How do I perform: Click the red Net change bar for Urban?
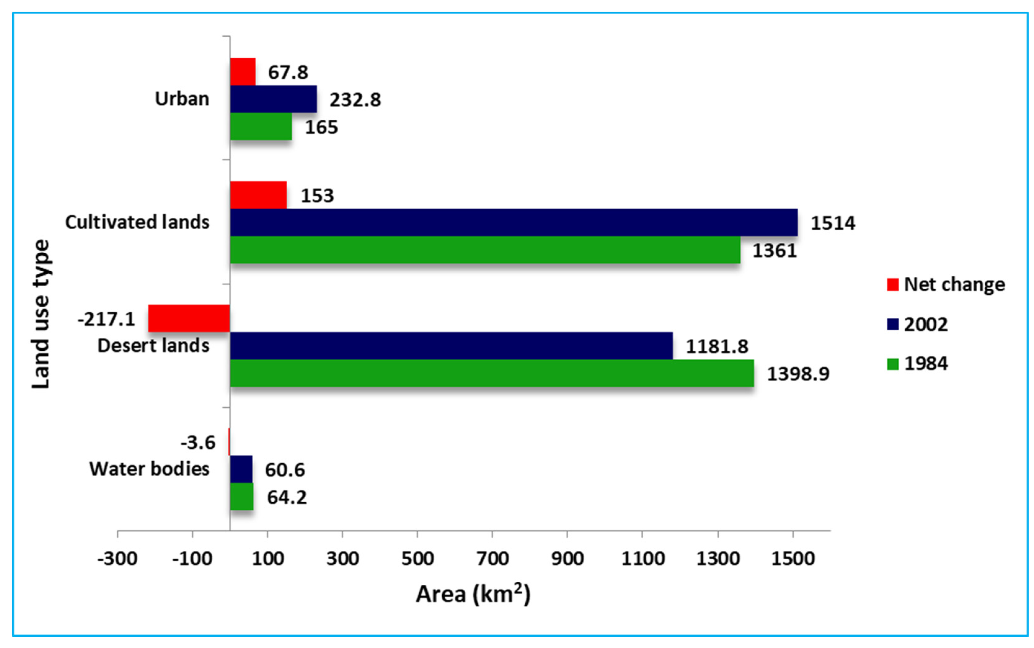click(x=242, y=72)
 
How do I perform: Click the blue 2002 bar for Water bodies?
click(x=241, y=469)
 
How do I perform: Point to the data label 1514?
click(x=832, y=223)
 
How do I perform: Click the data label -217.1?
click(x=106, y=319)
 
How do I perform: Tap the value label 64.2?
click(x=287, y=498)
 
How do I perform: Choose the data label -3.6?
click(x=198, y=443)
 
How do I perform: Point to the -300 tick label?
click(x=117, y=559)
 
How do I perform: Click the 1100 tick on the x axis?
click(x=643, y=559)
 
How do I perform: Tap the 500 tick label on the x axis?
click(x=417, y=559)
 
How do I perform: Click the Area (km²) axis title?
click(x=473, y=594)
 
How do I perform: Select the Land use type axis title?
click(x=41, y=314)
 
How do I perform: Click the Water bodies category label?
click(x=149, y=469)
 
